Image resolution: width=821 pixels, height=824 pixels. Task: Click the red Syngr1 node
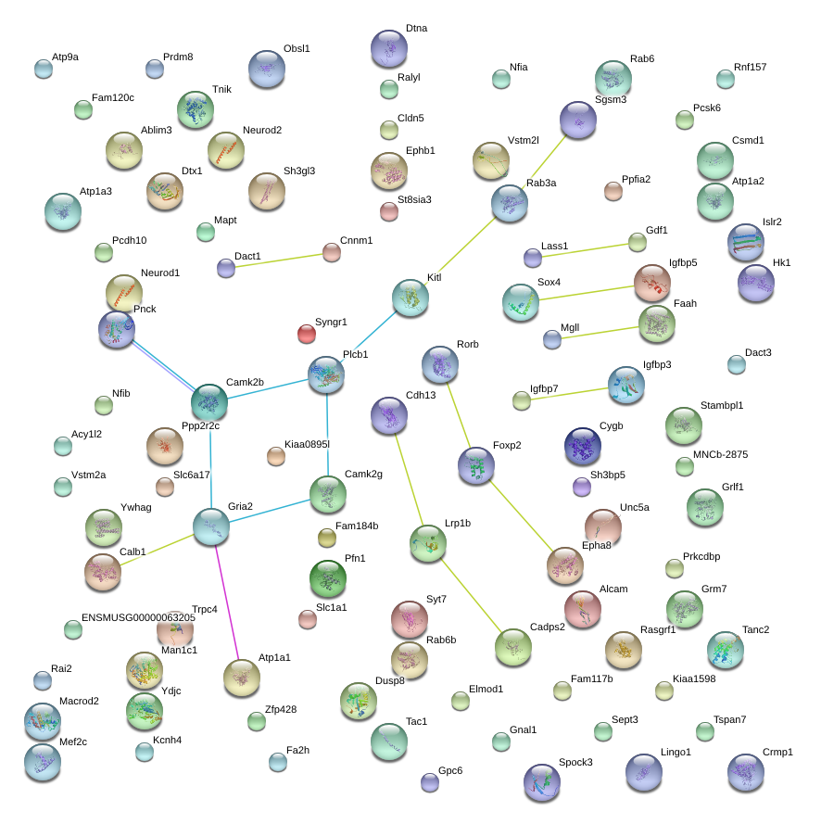click(x=306, y=334)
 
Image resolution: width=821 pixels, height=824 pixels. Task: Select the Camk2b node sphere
click(x=209, y=402)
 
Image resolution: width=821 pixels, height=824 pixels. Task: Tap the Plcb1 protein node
click(x=326, y=374)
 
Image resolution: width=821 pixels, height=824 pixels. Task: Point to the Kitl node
click(x=410, y=298)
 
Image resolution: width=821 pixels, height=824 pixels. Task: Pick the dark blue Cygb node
click(x=583, y=446)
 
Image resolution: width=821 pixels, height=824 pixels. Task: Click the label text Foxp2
click(x=507, y=445)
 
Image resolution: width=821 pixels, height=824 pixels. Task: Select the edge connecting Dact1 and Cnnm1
click(x=279, y=260)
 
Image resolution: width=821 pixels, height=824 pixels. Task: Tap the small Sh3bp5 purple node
click(x=582, y=487)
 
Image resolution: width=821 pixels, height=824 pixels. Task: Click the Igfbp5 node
click(x=652, y=283)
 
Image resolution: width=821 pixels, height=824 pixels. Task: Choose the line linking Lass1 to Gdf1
click(x=585, y=250)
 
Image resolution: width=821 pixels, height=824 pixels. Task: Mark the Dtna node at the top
click(x=389, y=48)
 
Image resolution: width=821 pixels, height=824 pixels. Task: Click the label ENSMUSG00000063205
click(x=138, y=617)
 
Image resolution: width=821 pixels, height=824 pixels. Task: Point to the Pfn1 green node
click(x=328, y=578)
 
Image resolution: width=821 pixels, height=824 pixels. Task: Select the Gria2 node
click(x=211, y=526)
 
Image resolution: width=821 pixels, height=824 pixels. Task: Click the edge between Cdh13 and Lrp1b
click(x=409, y=479)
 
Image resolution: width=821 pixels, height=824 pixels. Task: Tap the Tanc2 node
click(x=726, y=650)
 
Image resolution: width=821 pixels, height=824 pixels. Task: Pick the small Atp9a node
click(x=44, y=69)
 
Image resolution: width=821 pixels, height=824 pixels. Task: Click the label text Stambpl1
click(x=722, y=405)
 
